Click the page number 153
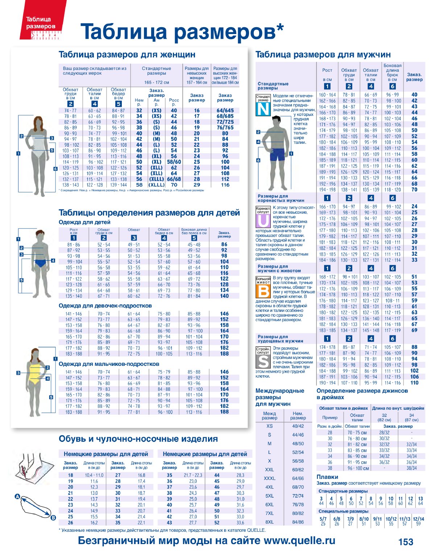pyautogui.click(x=406, y=542)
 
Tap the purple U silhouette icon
pyautogui.click(x=263, y=219)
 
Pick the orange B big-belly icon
pyautogui.click(x=263, y=289)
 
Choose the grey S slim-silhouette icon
pyautogui.click(x=263, y=360)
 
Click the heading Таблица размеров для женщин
pyautogui.click(x=127, y=55)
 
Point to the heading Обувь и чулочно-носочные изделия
pyautogui.click(x=138, y=439)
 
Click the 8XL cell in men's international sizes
pyautogui.click(x=269, y=522)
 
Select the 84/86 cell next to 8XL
pyautogui.click(x=298, y=522)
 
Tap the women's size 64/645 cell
pyautogui.click(x=225, y=110)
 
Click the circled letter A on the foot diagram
pyautogui.click(x=17, y=497)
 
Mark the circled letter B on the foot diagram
pyautogui.click(x=53, y=518)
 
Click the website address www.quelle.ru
pyautogui.click(x=299, y=541)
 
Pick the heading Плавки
pyautogui.click(x=327, y=477)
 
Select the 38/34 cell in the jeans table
pyautogui.click(x=411, y=468)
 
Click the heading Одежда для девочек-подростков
pyautogui.click(x=105, y=306)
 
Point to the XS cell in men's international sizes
pyautogui.click(x=269, y=426)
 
